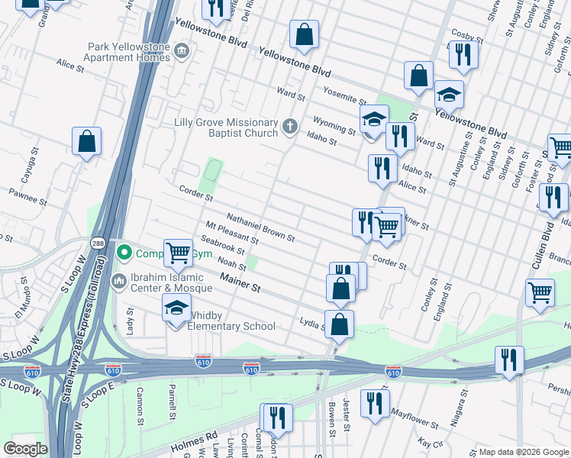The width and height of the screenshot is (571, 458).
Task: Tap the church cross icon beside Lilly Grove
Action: pyautogui.click(x=289, y=127)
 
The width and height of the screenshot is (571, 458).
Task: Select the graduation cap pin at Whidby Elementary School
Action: pyautogui.click(x=176, y=308)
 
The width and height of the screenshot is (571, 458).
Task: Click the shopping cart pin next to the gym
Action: pyautogui.click(x=178, y=251)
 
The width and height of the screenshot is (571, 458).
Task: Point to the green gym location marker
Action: pyautogui.click(x=124, y=251)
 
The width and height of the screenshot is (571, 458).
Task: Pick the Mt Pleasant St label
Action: pyautogui.click(x=232, y=231)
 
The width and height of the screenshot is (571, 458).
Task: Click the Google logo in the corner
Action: pyautogui.click(x=26, y=449)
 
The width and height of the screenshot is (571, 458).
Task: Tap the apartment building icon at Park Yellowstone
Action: pyautogui.click(x=182, y=52)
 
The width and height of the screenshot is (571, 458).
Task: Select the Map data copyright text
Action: pyautogui.click(x=523, y=452)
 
